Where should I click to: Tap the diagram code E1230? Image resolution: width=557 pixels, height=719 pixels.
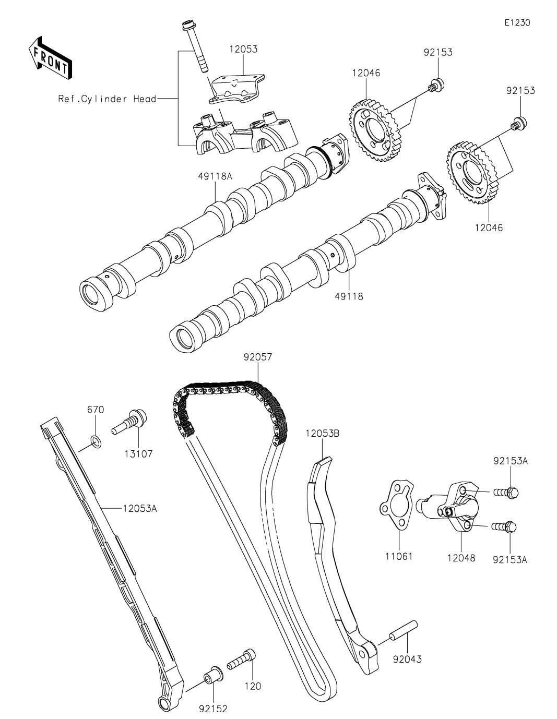coord(517,22)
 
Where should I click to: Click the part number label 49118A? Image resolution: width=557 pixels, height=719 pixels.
coord(216,176)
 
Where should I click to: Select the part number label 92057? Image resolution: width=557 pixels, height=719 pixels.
coord(258,357)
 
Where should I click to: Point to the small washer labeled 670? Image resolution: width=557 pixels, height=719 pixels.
coord(96,441)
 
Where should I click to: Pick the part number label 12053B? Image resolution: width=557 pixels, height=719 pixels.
coord(323,433)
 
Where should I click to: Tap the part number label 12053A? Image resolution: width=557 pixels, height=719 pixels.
coord(140,508)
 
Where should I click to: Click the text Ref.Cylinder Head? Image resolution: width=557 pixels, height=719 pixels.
coord(107,99)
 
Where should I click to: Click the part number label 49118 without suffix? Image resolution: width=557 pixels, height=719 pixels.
coord(349,296)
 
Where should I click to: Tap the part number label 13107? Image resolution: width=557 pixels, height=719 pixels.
coord(139,453)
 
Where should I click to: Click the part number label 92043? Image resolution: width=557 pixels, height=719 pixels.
coord(407,659)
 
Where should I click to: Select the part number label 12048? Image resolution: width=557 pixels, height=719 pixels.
coord(461,558)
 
